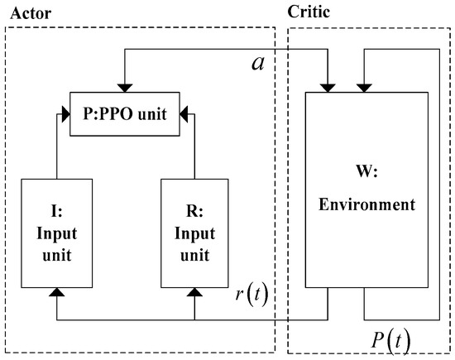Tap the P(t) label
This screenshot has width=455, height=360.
coord(389,339)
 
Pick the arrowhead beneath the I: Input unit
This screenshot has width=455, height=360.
coord(56,292)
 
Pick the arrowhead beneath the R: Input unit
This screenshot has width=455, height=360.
coord(194,292)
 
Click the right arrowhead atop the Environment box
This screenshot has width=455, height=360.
coord(362,85)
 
